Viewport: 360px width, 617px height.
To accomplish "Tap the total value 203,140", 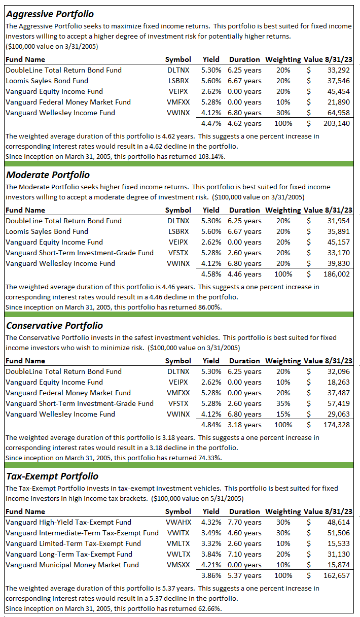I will (x=336, y=123).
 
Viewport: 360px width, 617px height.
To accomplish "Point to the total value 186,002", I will (x=336, y=274).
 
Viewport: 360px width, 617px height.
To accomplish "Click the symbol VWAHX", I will (x=178, y=522).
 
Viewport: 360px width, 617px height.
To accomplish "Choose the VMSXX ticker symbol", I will (x=178, y=565).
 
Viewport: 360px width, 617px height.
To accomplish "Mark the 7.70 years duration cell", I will (x=245, y=522).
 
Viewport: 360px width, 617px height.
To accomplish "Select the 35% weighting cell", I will (x=283, y=403).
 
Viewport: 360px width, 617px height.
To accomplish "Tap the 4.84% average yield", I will (x=210, y=425).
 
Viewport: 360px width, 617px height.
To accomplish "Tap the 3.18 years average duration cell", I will (x=245, y=425).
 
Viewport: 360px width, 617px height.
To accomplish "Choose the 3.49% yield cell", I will (x=210, y=533).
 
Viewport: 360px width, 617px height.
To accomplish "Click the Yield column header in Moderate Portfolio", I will (x=211, y=210).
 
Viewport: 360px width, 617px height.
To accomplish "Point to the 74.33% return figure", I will (x=205, y=458).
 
